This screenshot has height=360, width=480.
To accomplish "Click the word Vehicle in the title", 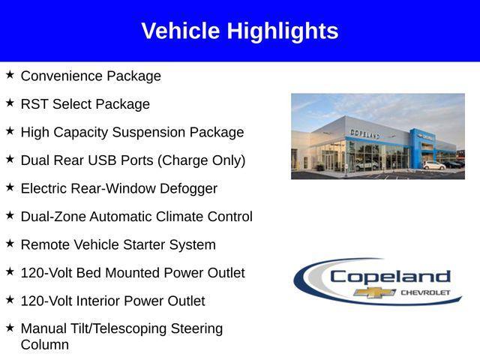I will pyautogui.click(x=181, y=31).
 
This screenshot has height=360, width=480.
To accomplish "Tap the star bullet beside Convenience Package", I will pyautogui.click(x=10, y=75).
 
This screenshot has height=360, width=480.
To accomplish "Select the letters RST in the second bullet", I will pyautogui.click(x=34, y=104).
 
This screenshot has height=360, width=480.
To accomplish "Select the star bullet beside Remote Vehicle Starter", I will pyautogui.click(x=10, y=244).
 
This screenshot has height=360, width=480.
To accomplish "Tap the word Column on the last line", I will pyautogui.click(x=45, y=345).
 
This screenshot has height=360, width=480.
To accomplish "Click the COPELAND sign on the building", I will pyautogui.click(x=364, y=133).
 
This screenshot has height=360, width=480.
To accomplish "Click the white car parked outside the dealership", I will pyautogui.click(x=433, y=165).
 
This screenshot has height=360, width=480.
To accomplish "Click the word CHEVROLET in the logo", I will pyautogui.click(x=425, y=292).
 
